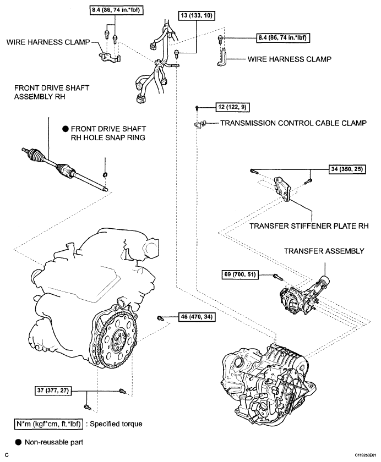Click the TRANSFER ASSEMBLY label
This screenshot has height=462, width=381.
(x=324, y=251)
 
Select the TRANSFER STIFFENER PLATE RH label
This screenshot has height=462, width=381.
(x=309, y=226)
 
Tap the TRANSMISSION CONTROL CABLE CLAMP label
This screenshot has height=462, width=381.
(x=293, y=123)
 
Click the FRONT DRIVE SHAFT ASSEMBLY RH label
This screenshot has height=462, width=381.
(x=52, y=92)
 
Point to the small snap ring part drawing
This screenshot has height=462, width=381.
(x=105, y=175)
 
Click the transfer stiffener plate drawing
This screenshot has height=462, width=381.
(x=282, y=189)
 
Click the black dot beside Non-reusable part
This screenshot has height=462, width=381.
(x=18, y=442)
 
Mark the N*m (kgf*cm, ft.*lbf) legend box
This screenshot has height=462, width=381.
(x=48, y=424)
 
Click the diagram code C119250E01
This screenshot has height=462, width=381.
(x=366, y=455)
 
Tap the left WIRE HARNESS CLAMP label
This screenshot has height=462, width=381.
(x=48, y=42)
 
